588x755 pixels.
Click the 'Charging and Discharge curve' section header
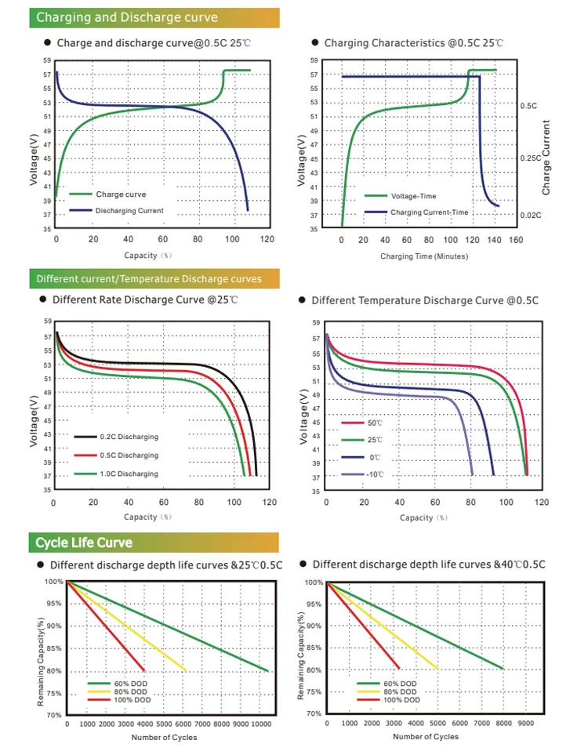pos(127,17)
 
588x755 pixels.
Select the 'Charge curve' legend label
pos(121,194)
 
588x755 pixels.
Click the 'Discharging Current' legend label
pos(129,211)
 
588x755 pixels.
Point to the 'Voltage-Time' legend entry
pos(413,196)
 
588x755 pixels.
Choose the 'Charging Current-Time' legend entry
pos(429,212)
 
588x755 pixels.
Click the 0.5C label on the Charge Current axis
pos(528,105)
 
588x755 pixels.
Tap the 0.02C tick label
pos(532,214)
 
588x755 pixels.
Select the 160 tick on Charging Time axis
pos(515,240)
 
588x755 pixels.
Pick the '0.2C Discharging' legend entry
pos(127,437)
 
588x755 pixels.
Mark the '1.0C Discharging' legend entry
pos(127,474)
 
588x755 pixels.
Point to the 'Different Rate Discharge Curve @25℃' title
pos(145,300)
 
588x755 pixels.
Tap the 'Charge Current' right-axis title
pos(547,158)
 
